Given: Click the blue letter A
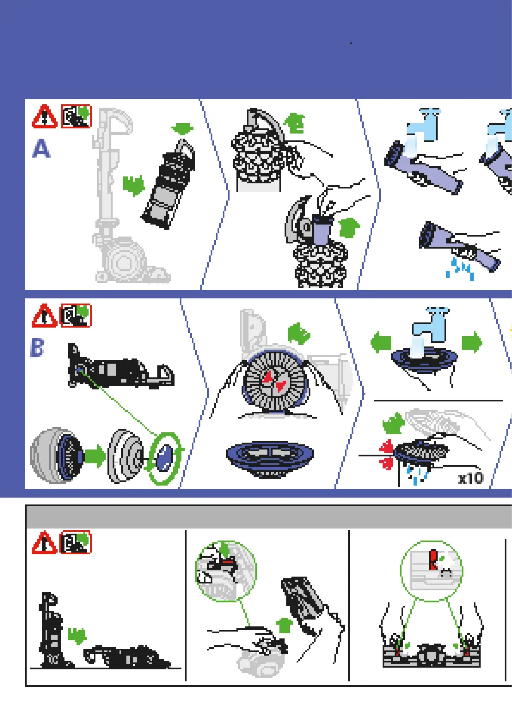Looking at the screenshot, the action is (x=41, y=149).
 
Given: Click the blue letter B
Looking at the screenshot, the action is (x=37, y=348).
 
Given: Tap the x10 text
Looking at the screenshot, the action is (x=471, y=478).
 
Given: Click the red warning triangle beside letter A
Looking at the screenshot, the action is (x=44, y=117).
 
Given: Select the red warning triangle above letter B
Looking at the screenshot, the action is (x=44, y=316).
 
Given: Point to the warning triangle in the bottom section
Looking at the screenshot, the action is (x=44, y=543).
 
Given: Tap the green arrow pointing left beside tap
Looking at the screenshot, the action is (x=381, y=342).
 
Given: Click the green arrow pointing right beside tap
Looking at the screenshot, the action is (x=472, y=342).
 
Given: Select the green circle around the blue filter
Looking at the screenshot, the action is (x=164, y=459).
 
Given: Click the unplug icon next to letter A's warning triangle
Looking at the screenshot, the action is (x=76, y=116).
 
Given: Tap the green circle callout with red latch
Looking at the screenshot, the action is (x=431, y=571).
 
